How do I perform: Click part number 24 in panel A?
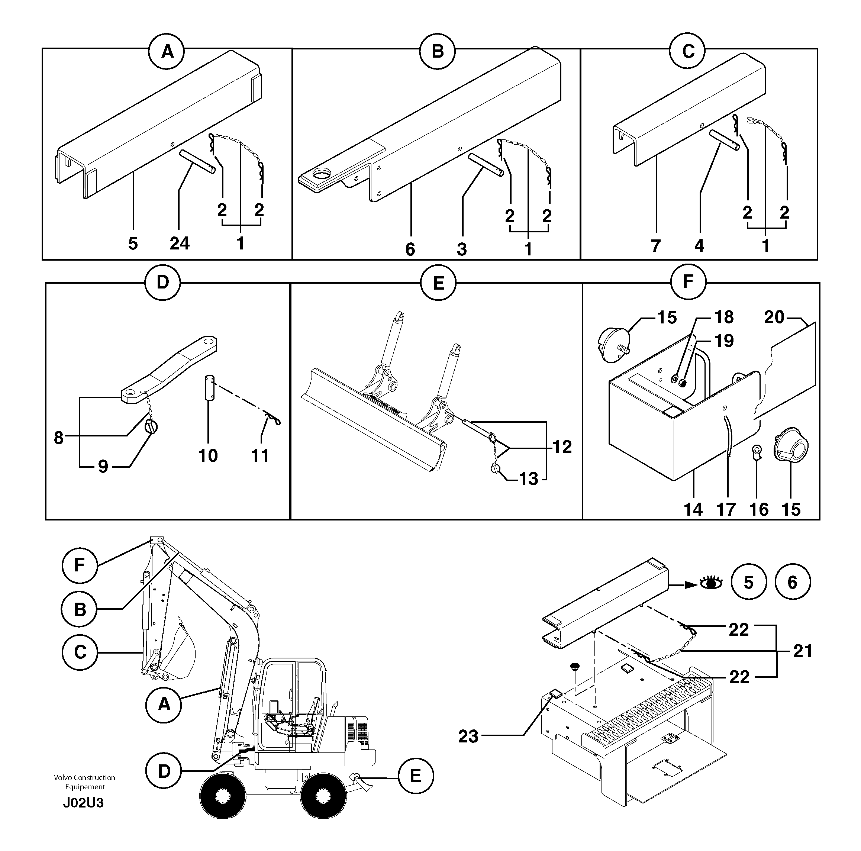point(180,244)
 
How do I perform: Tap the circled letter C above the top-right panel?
point(688,51)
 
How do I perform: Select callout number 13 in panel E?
point(529,479)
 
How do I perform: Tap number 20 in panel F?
point(774,317)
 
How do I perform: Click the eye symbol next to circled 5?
point(711,583)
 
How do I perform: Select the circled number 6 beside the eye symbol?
point(792,582)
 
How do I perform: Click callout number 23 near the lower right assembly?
point(468,736)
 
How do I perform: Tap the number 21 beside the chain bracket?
point(803,651)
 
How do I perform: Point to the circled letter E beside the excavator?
point(415,776)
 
